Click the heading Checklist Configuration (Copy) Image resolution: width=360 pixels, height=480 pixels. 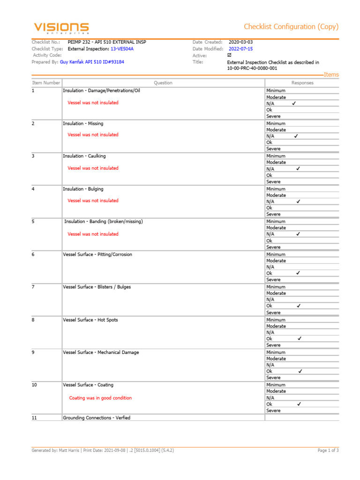(291, 27)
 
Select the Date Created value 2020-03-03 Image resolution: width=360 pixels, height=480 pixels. (240, 42)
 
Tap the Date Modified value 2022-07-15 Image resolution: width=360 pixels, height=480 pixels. (240, 49)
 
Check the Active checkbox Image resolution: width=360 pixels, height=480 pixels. (229, 55)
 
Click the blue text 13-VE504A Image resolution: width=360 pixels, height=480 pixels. (122, 49)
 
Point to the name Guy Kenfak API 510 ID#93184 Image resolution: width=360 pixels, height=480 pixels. (92, 62)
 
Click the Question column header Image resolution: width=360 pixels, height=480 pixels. (163, 83)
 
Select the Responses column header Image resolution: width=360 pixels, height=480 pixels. (302, 83)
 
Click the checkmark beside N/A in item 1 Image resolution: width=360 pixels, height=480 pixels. (294, 103)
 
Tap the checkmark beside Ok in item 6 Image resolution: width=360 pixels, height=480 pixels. (298, 273)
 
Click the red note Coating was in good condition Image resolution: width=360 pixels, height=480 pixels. (100, 398)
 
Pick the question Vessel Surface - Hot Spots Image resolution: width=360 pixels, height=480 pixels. (90, 320)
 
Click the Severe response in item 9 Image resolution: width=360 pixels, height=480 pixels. (273, 378)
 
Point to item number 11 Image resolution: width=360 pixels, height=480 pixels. (34, 418)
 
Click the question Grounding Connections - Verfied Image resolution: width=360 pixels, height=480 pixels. (97, 418)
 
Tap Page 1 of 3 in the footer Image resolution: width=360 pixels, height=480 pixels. (328, 450)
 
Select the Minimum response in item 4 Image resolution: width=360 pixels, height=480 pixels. (276, 189)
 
